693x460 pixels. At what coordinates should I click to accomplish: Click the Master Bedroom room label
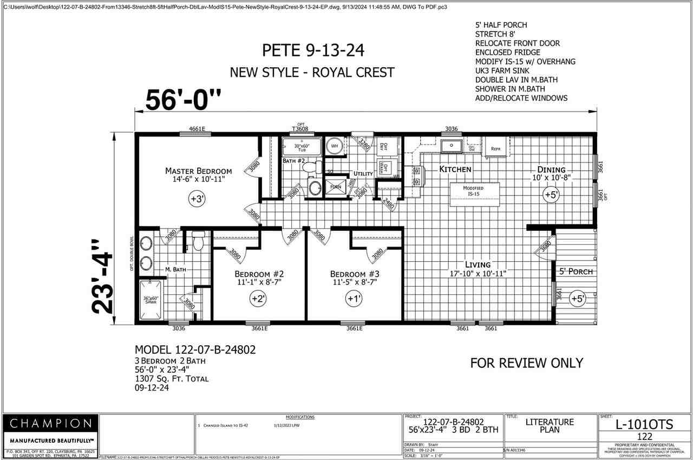[x=198, y=171]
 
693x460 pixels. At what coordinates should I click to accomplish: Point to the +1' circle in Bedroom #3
[x=354, y=298]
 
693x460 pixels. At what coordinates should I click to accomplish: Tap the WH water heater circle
[x=334, y=146]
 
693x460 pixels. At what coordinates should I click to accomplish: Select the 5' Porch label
[x=576, y=271]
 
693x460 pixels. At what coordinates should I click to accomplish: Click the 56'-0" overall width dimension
[x=184, y=99]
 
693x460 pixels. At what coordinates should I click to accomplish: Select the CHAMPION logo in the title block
[x=51, y=423]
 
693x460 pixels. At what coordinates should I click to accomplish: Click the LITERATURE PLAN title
[x=549, y=426]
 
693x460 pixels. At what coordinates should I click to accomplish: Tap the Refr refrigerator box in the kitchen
[x=496, y=148]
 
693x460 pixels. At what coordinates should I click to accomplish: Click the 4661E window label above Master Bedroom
[x=197, y=129]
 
